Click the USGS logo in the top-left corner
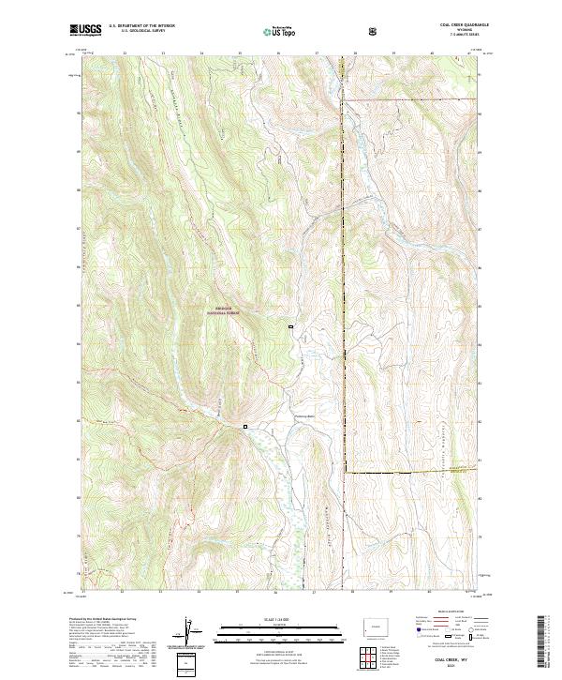click(x=87, y=30)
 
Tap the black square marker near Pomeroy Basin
click(x=246, y=427)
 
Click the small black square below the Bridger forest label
click(x=290, y=326)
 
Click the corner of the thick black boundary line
click(x=345, y=472)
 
